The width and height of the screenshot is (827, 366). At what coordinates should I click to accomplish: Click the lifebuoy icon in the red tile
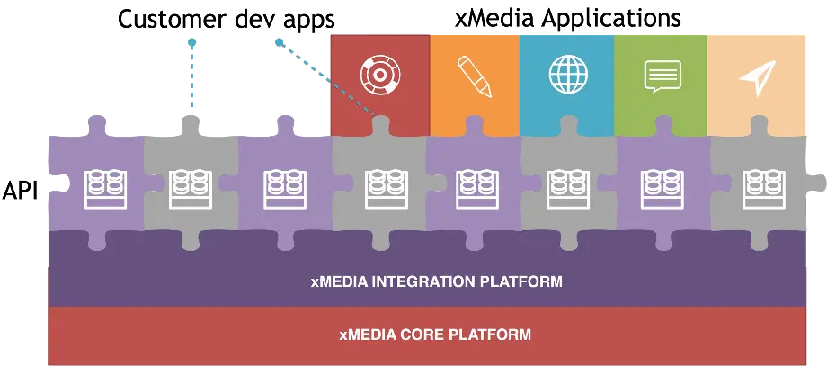[378, 76]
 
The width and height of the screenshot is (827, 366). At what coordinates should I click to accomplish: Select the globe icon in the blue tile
[566, 76]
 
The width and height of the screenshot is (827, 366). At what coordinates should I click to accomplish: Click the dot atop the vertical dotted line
[191, 41]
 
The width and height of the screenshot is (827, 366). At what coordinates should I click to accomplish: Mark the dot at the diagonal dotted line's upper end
[279, 41]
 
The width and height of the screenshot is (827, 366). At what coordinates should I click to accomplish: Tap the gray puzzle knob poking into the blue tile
[568, 123]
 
